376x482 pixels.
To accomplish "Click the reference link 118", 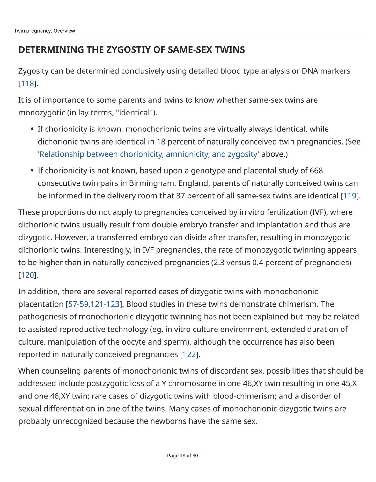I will (27, 84).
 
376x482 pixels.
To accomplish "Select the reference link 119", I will (350, 196).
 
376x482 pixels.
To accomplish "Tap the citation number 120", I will (27, 275).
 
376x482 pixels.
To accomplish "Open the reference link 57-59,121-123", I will (94, 304).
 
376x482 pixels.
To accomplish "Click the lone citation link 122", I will (189, 355).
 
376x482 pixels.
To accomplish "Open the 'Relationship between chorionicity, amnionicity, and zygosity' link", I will (148, 154).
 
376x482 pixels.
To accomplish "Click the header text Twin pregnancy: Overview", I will (44, 31).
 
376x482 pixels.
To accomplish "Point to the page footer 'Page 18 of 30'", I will (182, 456).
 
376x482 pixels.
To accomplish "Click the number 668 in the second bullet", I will (316, 171).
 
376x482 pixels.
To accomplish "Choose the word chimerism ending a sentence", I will (298, 304).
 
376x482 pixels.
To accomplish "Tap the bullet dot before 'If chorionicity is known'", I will (32, 129).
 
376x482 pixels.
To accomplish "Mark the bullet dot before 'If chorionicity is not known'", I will (32, 171).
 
